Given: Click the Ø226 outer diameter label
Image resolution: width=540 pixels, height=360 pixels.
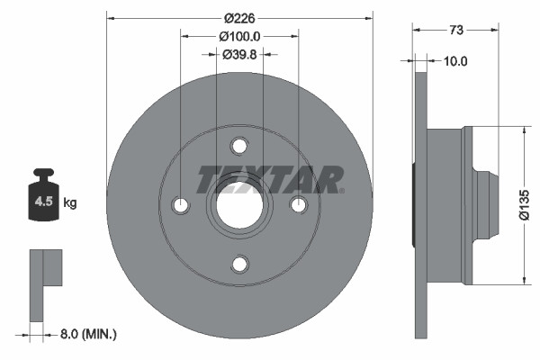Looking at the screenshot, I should coord(239,17).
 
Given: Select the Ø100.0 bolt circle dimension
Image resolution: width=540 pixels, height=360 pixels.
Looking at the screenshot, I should coord(239,36).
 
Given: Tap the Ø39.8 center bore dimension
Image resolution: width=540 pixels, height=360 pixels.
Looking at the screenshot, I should coord(239,54).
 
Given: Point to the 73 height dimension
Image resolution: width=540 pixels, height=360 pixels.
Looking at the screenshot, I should coord(455,30).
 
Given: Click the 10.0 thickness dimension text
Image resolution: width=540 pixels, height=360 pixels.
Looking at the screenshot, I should coord(456,61).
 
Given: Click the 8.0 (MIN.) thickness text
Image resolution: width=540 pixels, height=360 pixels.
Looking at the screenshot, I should coord(87,334).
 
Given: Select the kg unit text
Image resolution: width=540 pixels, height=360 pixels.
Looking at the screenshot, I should coord(70,203).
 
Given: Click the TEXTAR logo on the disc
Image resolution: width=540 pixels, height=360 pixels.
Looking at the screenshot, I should coord(270,179).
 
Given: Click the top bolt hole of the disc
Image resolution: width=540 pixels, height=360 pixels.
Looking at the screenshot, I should coord(239,146).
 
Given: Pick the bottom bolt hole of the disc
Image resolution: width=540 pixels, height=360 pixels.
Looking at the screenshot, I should coord(239,264).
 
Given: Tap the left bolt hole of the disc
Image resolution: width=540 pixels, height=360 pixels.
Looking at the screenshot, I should coord(181,205).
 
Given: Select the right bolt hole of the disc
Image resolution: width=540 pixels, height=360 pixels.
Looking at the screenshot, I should coord(298,205).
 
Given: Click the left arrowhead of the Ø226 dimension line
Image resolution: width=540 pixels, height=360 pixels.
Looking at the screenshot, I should coord(111,17).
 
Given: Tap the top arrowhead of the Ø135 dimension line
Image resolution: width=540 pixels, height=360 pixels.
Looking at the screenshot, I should coord(524,130).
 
